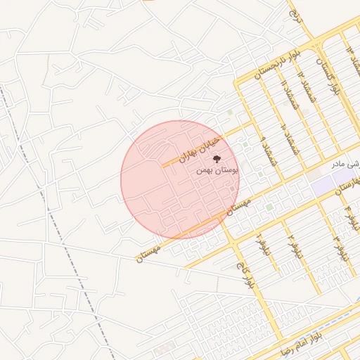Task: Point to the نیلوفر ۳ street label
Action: point(340,245)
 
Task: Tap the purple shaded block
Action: point(324,186)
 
